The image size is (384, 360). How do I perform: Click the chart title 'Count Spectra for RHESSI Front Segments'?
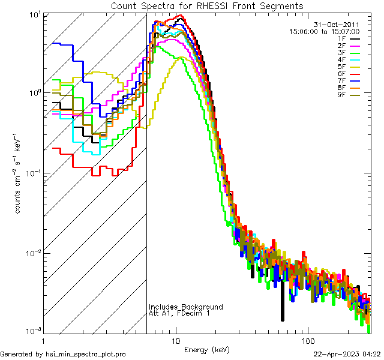[207, 5]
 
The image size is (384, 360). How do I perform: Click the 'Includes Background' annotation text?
[186, 307]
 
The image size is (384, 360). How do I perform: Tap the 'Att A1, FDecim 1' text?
[179, 314]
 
